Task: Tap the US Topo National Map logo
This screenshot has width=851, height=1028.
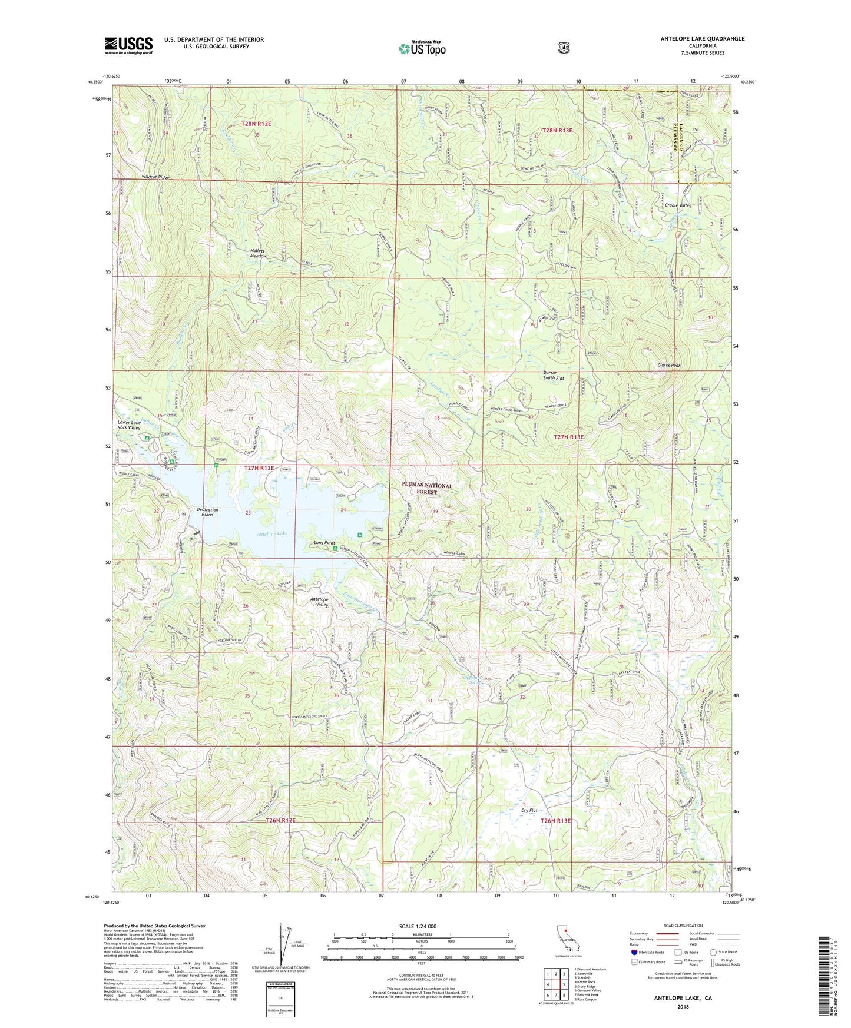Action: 422,48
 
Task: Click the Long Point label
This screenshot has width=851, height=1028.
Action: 324,543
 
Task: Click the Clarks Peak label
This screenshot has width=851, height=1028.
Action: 668,366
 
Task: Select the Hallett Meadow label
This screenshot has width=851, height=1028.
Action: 258,253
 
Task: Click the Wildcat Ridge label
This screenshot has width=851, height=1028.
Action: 155,177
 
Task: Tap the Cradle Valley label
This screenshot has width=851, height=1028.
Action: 678,205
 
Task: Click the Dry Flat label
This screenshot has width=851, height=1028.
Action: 529,810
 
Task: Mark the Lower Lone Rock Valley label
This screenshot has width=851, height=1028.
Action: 128,425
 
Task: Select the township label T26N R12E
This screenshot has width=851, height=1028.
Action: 280,820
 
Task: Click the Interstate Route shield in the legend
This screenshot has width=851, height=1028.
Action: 634,951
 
